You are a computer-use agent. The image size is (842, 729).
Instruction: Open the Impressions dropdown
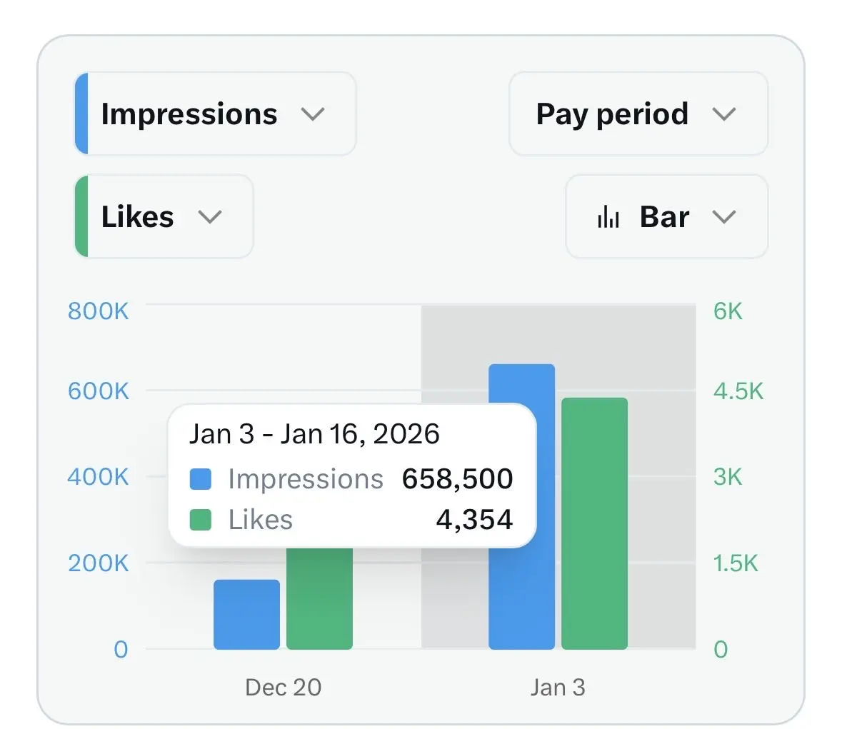pyautogui.click(x=214, y=114)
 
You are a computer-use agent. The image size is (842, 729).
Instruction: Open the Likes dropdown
pyautogui.click(x=164, y=217)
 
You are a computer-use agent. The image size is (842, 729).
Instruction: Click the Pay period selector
pyautogui.click(x=637, y=114)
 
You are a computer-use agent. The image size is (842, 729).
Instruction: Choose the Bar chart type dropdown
pyautogui.click(x=666, y=217)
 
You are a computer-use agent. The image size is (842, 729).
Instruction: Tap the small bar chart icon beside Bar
pyautogui.click(x=608, y=217)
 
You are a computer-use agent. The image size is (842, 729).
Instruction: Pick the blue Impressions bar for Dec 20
pyautogui.click(x=246, y=614)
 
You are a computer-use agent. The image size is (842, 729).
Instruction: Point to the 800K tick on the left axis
pyautogui.click(x=99, y=311)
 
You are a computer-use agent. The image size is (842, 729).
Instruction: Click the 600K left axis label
pyautogui.click(x=99, y=391)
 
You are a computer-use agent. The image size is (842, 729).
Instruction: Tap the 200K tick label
pyautogui.click(x=99, y=563)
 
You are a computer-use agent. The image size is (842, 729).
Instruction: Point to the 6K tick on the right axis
pyautogui.click(x=728, y=311)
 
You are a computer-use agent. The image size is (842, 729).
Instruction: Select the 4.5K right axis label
pyautogui.click(x=738, y=391)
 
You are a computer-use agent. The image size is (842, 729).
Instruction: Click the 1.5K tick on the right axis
pyautogui.click(x=735, y=563)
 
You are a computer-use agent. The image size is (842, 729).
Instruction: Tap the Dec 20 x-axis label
pyautogui.click(x=283, y=688)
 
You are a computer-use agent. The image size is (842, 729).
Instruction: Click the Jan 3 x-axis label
pyautogui.click(x=558, y=688)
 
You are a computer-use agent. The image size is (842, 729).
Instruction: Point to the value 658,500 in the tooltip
pyautogui.click(x=457, y=479)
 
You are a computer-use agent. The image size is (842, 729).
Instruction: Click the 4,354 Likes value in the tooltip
pyautogui.click(x=474, y=520)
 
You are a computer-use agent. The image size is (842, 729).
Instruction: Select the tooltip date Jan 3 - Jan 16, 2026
pyautogui.click(x=314, y=434)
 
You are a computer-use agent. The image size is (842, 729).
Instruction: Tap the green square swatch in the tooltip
pyautogui.click(x=201, y=520)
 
